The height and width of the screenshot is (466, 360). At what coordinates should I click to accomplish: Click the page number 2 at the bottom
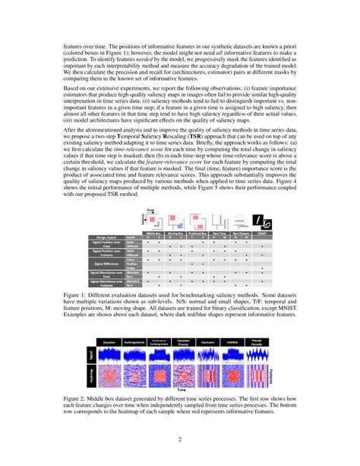point(180,439)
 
